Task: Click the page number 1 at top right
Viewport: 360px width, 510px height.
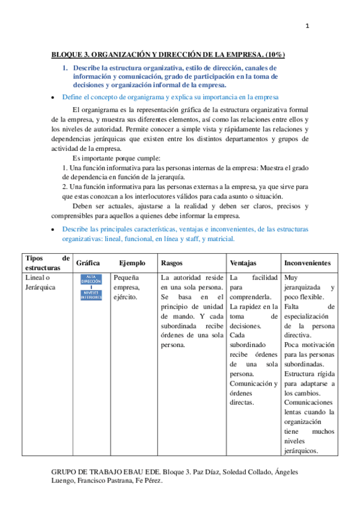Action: pos(307,25)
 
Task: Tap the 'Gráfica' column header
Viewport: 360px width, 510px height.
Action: pos(88,263)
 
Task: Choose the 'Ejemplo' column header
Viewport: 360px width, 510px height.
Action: pos(132,263)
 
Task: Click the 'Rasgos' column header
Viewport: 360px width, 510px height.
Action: pos(172,263)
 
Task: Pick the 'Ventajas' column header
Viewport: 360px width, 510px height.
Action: pos(243,263)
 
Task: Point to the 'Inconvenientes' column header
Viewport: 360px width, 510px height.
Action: pos(308,263)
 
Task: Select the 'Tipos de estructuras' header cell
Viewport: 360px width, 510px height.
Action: pos(47,262)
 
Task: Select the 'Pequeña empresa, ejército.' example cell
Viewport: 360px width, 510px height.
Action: pos(126,287)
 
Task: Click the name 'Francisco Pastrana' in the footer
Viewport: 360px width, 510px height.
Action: pos(107,482)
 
